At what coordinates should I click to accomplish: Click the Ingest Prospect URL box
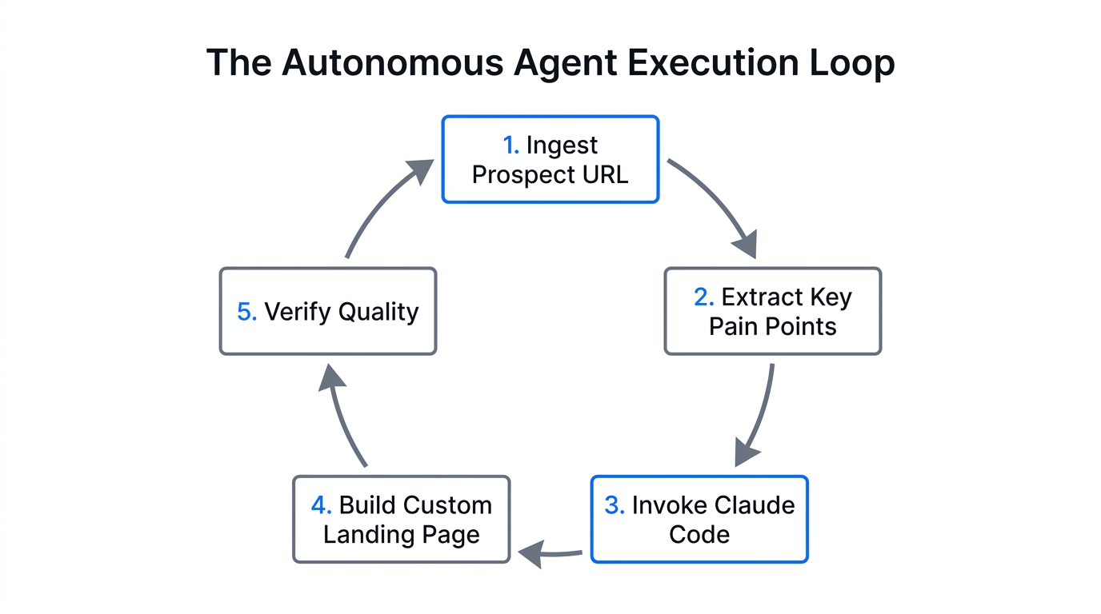[x=550, y=160]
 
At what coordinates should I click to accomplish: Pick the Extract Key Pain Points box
[x=772, y=312]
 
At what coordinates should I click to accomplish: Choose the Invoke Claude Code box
[x=699, y=520]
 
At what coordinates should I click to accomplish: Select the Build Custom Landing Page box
[x=401, y=520]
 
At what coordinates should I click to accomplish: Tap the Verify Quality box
[x=328, y=312]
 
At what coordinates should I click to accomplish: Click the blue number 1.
[x=510, y=146]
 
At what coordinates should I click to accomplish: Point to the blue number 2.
[x=703, y=297]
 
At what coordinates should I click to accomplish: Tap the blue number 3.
[x=614, y=505]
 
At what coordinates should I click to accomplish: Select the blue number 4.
[x=321, y=505]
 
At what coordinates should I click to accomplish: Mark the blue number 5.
[x=246, y=312]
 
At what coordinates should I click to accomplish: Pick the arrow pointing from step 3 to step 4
[x=550, y=552]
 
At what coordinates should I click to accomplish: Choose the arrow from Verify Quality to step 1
[x=384, y=204]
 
